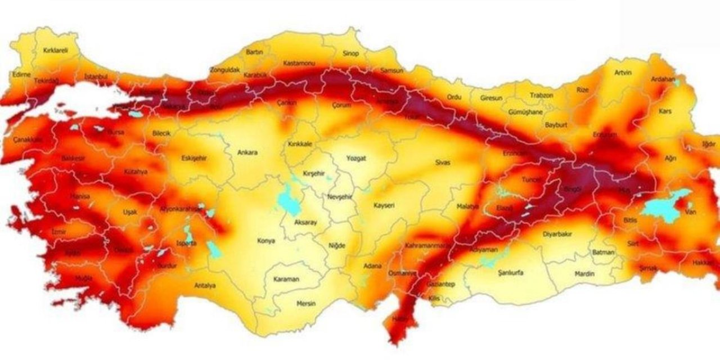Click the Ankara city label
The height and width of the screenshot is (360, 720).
click(x=247, y=152)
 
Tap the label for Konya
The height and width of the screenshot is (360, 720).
click(x=266, y=241)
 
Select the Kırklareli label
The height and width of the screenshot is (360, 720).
click(x=55, y=51)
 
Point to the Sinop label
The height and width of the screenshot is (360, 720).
click(x=350, y=53)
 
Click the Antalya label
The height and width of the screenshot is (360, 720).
click(x=205, y=286)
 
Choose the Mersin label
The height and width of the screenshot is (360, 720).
click(x=306, y=304)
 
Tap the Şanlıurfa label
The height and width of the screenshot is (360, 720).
click(x=511, y=273)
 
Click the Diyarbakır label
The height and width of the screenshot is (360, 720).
click(x=557, y=234)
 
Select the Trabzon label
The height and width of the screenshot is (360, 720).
click(x=541, y=96)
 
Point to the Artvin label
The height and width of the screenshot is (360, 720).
click(x=623, y=73)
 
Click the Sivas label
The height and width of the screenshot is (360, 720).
click(x=443, y=163)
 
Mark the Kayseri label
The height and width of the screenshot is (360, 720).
click(x=384, y=206)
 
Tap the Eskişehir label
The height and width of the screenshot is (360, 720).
click(x=194, y=159)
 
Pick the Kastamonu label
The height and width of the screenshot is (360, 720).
click(x=299, y=63)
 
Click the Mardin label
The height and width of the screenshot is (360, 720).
click(x=584, y=274)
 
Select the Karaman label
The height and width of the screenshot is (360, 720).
click(x=286, y=280)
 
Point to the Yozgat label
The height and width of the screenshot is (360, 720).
click(x=356, y=159)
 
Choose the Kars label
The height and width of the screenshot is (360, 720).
click(x=665, y=111)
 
